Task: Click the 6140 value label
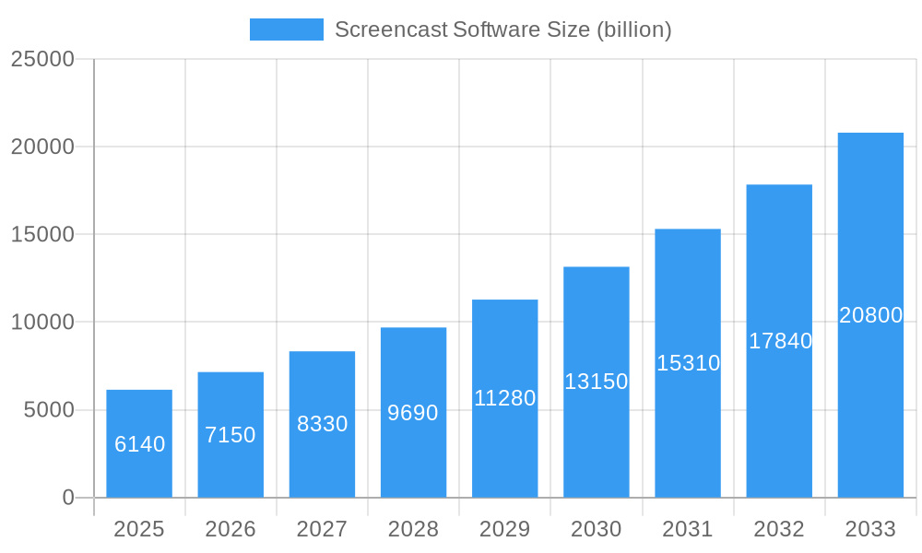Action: (x=139, y=444)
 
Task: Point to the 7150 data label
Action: (x=230, y=435)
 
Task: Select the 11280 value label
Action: (x=504, y=398)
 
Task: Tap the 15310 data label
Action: (x=688, y=363)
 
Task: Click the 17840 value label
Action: (x=780, y=341)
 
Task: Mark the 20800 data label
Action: (x=870, y=315)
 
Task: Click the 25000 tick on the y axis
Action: (x=42, y=59)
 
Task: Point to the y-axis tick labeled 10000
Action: (x=42, y=323)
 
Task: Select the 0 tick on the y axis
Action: (x=68, y=498)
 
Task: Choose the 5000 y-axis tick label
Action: (x=49, y=410)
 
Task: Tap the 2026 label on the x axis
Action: (x=230, y=529)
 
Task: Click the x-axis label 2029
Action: (x=504, y=529)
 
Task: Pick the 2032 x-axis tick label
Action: (x=779, y=529)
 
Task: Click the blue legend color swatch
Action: (x=287, y=29)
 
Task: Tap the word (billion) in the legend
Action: (x=634, y=29)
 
